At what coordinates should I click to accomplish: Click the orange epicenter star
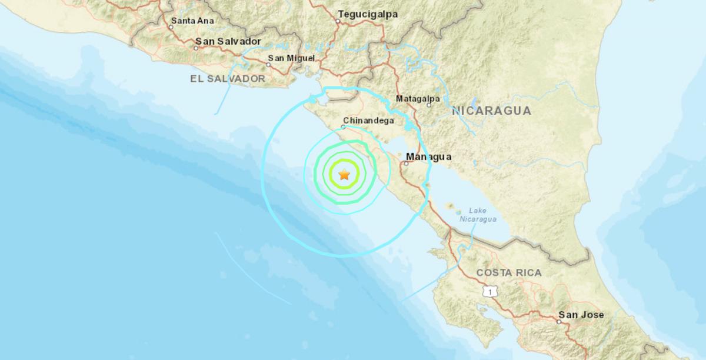[x=344, y=174]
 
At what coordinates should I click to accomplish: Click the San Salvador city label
[x=228, y=41]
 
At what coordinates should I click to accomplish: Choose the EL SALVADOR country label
[x=228, y=78]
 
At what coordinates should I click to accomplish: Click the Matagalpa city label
[x=418, y=98]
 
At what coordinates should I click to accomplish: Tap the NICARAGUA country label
[x=491, y=111]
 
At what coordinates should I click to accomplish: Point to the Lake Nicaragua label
[x=482, y=215]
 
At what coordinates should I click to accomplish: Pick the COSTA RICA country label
[x=509, y=272]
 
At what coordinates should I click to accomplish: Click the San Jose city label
[x=581, y=315]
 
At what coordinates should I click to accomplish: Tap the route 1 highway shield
[x=488, y=291]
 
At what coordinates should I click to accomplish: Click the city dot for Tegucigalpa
[x=338, y=21]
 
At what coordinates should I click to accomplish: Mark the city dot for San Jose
[x=559, y=321]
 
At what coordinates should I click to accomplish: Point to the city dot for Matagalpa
[x=429, y=105]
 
